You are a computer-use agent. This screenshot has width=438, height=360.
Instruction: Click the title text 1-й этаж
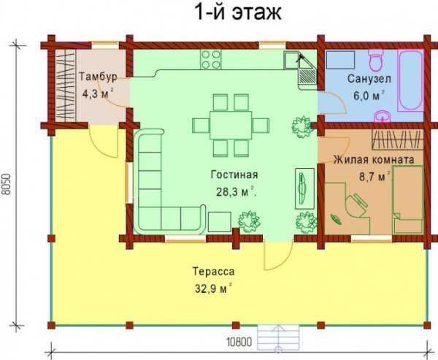[238, 12]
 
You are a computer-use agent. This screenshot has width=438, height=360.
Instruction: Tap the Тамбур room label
[98, 77]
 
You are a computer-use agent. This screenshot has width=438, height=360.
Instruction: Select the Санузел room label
[369, 79]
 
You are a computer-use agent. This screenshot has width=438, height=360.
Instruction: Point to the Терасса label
[213, 272]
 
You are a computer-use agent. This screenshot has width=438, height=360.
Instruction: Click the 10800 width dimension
[239, 342]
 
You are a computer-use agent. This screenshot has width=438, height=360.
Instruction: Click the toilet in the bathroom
[375, 60]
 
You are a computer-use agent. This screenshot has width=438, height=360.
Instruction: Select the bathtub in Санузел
[410, 81]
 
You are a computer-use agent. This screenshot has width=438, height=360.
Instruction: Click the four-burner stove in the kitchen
[211, 60]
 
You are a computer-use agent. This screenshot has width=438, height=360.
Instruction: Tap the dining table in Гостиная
[231, 125]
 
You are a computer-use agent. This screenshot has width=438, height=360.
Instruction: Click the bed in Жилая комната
[407, 199]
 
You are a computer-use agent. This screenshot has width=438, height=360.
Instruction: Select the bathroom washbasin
[382, 116]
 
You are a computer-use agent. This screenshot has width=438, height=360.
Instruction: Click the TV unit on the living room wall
[304, 188]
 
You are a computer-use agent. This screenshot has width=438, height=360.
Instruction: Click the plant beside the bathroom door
[301, 127]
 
